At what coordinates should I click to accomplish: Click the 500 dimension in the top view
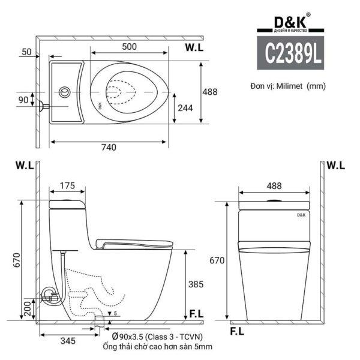click(130, 46)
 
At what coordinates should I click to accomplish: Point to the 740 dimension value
click(109, 147)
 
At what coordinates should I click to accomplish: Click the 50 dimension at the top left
click(25, 52)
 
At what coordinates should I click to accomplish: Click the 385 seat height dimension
click(196, 284)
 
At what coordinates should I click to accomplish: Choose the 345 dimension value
click(67, 341)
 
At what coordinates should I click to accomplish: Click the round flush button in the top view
click(64, 92)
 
